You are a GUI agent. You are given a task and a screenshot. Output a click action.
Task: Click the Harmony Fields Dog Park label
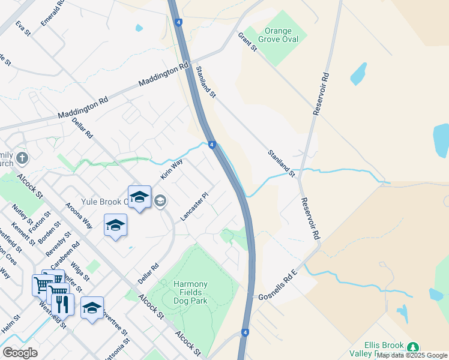190,289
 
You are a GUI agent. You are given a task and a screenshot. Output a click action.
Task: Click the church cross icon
22,158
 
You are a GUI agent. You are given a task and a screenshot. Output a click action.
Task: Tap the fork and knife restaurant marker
62,304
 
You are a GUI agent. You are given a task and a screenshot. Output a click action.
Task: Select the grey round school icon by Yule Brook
160,200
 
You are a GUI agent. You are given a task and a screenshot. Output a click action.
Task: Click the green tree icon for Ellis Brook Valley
412,347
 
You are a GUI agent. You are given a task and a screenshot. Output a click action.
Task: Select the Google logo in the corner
20,353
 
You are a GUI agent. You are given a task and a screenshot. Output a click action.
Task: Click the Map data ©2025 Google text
412,356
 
